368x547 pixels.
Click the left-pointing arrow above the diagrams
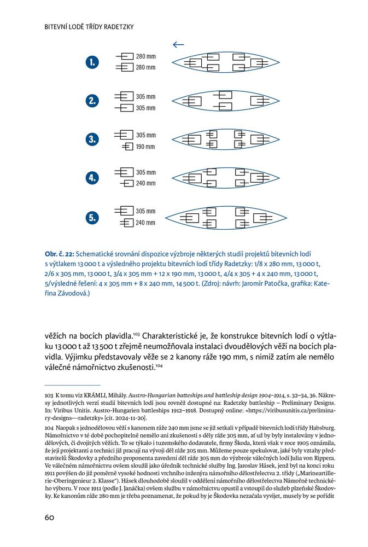tap(178, 45)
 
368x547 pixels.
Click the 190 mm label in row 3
tap(145, 147)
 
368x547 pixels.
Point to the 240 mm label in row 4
tap(145, 183)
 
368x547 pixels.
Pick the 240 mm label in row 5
tap(145, 223)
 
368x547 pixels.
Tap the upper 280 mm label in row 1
tap(145, 56)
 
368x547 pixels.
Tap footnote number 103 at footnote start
tap(48, 394)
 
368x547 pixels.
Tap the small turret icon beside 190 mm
tap(127, 147)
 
